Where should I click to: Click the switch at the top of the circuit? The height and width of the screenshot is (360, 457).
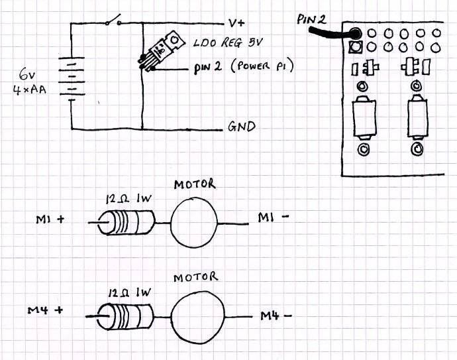[113, 22]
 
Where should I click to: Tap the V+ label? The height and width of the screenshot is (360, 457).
[236, 22]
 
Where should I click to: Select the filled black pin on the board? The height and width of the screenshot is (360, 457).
[356, 34]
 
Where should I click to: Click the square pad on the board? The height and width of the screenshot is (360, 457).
[356, 48]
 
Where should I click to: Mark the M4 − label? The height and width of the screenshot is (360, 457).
[276, 315]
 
